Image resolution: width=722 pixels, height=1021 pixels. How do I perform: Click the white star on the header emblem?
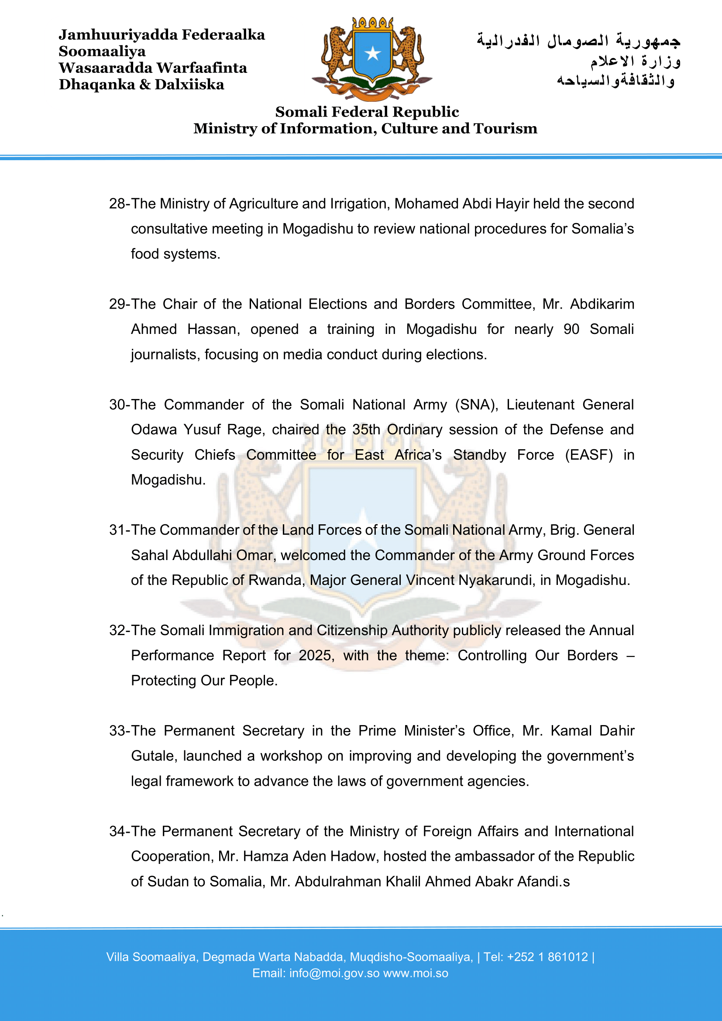tap(372, 54)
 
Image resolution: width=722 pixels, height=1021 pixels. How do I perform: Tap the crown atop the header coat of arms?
tap(372, 24)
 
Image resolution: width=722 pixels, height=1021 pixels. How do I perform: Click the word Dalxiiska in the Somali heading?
tap(189, 85)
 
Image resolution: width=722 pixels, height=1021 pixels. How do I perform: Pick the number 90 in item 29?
tap(571, 329)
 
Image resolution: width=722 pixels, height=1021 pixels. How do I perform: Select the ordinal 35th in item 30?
tap(366, 430)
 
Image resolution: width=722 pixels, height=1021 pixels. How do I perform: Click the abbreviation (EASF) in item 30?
tap(588, 455)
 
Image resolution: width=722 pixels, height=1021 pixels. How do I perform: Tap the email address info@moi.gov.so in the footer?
tap(334, 973)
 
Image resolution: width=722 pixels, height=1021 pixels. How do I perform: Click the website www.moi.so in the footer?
tap(416, 973)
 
